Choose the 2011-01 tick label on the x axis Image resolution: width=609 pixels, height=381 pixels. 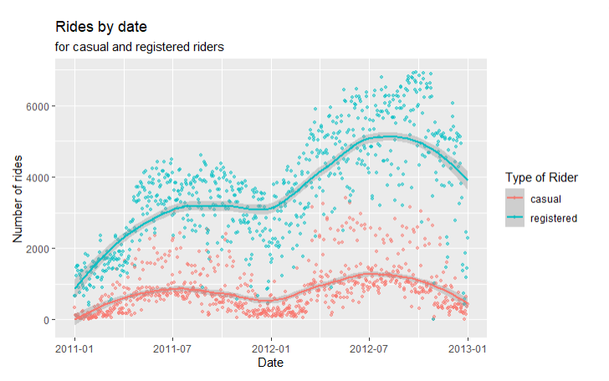tap(75, 348)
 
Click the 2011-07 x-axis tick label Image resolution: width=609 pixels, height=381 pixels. tap(172, 348)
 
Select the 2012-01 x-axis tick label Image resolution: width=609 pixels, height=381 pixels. tap(271, 348)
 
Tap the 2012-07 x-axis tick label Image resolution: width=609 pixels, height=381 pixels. tap(368, 348)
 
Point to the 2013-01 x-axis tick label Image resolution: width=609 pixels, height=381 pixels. tap(467, 348)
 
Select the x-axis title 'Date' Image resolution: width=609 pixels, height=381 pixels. tap(270, 363)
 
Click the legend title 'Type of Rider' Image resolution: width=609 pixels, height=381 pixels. tap(541, 177)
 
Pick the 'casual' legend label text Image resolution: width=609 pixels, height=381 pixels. tap(545, 199)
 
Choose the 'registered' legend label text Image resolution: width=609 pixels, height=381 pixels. tap(554, 217)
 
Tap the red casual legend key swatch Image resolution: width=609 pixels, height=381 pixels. tap(516, 199)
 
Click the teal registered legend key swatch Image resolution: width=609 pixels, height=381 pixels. tap(516, 217)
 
